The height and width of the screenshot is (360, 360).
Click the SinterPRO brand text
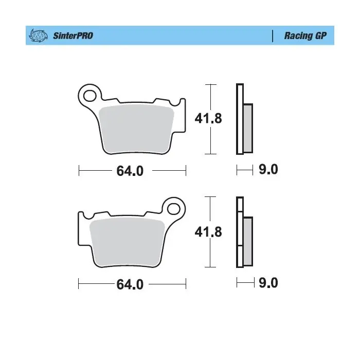point(73,35)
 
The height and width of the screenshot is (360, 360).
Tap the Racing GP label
point(305,35)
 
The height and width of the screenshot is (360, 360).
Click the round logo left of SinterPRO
point(38,35)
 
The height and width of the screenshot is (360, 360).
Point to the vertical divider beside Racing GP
point(273,36)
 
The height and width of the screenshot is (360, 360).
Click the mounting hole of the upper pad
point(90,96)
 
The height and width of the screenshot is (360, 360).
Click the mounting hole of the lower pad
point(174,209)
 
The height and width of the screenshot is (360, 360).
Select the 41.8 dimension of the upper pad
point(208,118)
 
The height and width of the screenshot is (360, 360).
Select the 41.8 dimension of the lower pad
point(208,232)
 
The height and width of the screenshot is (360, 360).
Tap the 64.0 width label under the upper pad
point(130,171)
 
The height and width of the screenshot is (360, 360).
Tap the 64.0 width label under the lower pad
point(130,284)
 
